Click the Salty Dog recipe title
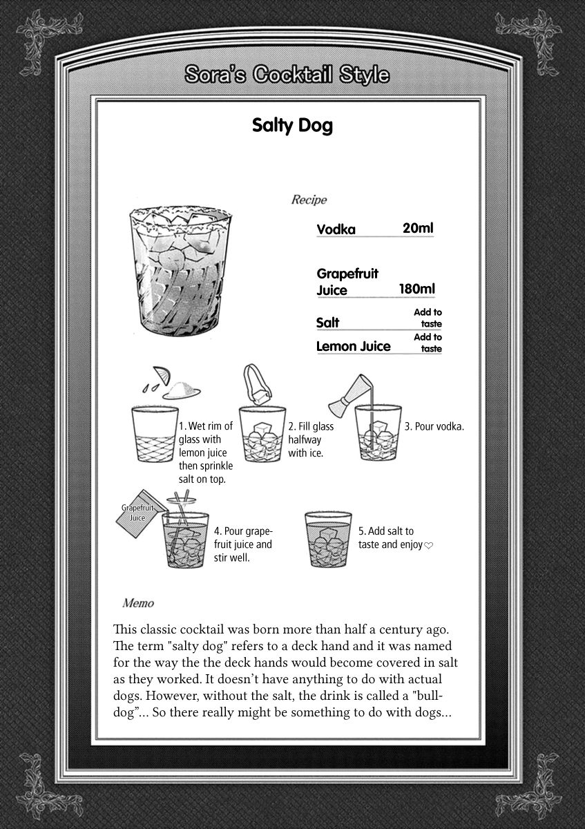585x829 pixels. point(292,126)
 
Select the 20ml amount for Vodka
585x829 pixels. point(418,228)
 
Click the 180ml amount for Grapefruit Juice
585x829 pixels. point(416,289)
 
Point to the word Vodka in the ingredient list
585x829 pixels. point(336,229)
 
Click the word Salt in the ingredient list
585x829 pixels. point(327,323)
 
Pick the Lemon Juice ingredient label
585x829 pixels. point(353,346)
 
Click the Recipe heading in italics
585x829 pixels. point(309,200)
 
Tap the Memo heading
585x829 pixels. point(138,602)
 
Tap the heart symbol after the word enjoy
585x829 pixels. point(428,545)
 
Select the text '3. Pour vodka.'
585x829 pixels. point(434,426)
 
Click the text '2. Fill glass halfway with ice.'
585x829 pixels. point(310,439)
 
